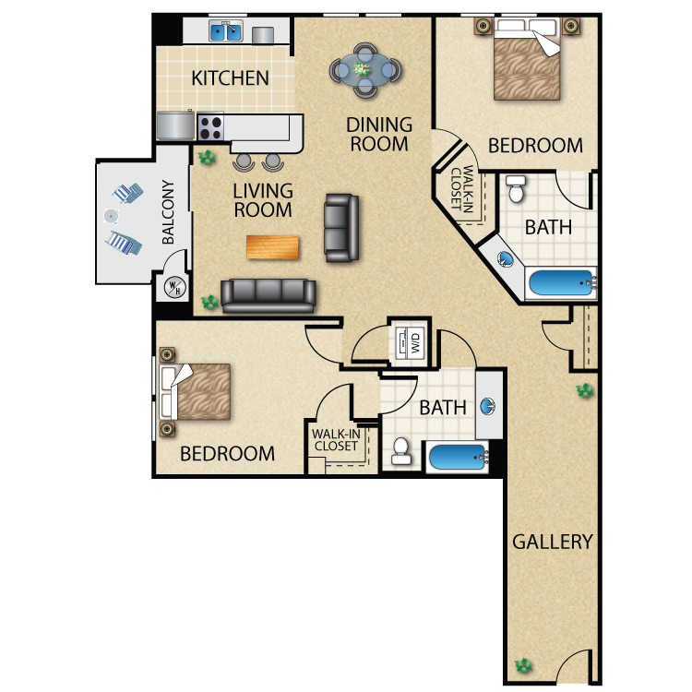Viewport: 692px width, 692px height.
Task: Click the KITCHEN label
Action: (230, 78)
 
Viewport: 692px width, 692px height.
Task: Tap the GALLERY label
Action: (552, 542)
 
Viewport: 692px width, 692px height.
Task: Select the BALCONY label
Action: (168, 212)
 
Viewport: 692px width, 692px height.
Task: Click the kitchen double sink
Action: (226, 31)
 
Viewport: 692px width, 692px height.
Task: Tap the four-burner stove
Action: (209, 127)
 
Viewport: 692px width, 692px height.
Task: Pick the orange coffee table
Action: (272, 247)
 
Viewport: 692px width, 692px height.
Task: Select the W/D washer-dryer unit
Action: (410, 341)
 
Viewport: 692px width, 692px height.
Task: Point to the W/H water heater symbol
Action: (175, 287)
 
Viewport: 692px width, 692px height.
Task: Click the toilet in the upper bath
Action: (516, 188)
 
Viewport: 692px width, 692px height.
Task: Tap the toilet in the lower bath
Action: (401, 451)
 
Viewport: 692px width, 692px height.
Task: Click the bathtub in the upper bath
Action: (562, 282)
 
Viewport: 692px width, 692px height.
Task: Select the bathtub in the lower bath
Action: (458, 457)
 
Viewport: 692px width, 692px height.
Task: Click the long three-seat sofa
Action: (268, 295)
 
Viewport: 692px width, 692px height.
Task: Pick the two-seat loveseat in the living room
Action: (341, 228)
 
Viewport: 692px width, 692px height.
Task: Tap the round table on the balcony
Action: (111, 216)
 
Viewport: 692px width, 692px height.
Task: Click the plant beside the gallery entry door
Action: (524, 665)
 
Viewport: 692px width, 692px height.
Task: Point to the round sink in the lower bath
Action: (487, 406)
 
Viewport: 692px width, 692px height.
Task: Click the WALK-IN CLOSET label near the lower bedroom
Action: (336, 440)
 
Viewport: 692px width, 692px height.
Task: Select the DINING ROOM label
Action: (379, 134)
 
